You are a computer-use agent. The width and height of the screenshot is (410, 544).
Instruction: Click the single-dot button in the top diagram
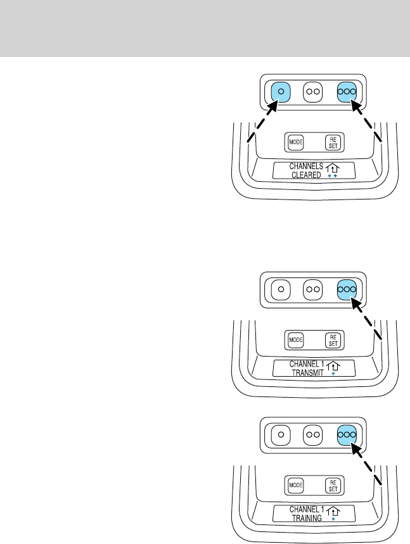(x=281, y=92)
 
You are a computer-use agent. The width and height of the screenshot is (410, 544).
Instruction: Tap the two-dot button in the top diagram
(x=313, y=92)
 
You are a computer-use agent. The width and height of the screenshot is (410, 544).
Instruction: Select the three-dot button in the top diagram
(x=347, y=92)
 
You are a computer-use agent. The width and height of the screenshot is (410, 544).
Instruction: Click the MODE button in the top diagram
(x=295, y=141)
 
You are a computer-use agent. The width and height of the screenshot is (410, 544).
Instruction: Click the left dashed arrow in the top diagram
(x=261, y=123)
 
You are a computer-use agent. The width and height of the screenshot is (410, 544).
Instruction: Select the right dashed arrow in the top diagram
(x=368, y=123)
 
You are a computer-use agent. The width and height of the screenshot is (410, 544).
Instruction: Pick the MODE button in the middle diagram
(x=295, y=340)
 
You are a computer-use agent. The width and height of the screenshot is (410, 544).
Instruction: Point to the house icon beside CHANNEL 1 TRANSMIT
(x=333, y=366)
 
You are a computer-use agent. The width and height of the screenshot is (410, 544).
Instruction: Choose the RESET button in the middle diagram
(x=333, y=340)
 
